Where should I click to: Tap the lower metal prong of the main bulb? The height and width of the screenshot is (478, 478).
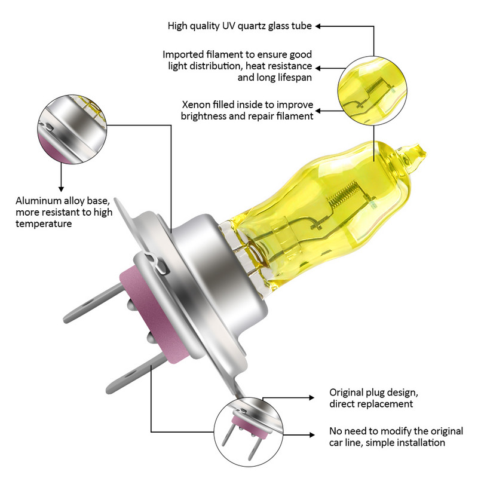pos(128,367)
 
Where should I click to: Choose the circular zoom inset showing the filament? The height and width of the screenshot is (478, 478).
pos(371,90)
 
